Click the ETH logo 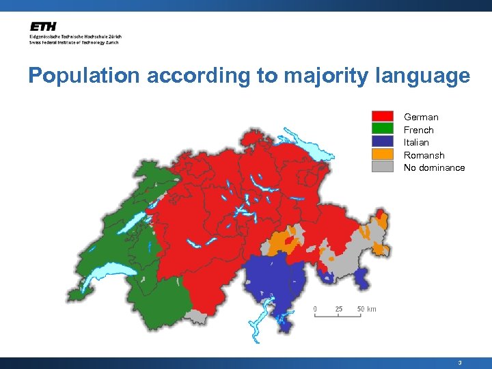43,27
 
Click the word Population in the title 85,76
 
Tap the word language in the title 423,76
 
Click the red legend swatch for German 382,117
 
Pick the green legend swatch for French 382,129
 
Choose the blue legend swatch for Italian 382,142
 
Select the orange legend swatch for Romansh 382,154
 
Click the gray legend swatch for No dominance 382,167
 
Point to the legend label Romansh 424,155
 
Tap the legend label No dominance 434,167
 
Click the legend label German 421,117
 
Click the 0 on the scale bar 315,309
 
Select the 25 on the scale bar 338,309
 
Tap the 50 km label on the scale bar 367,309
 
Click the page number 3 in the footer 460,363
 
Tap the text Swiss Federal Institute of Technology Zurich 74,42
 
